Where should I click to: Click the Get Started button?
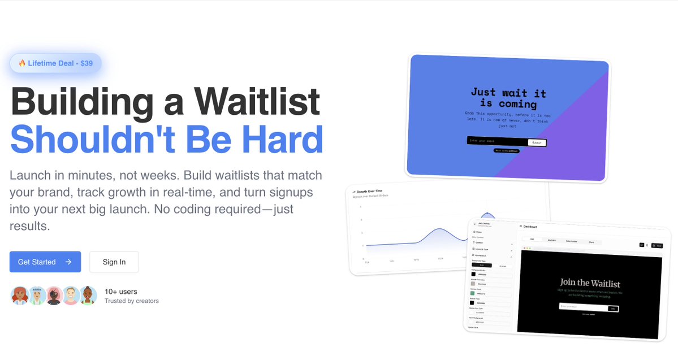(x=45, y=262)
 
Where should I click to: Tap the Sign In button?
(x=114, y=262)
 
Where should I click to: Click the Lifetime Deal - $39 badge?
(x=55, y=63)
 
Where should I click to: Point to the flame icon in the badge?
(x=22, y=63)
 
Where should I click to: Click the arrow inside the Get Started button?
(x=68, y=262)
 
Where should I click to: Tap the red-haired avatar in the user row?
(x=19, y=296)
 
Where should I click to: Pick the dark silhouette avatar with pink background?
(x=54, y=296)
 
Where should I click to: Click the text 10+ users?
(x=120, y=292)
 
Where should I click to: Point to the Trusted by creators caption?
(x=131, y=301)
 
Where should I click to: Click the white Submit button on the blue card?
(x=537, y=142)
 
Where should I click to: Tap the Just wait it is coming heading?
(x=508, y=98)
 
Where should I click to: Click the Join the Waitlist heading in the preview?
(x=590, y=283)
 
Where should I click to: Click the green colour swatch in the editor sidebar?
(x=473, y=293)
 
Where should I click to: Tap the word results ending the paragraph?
(x=29, y=226)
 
